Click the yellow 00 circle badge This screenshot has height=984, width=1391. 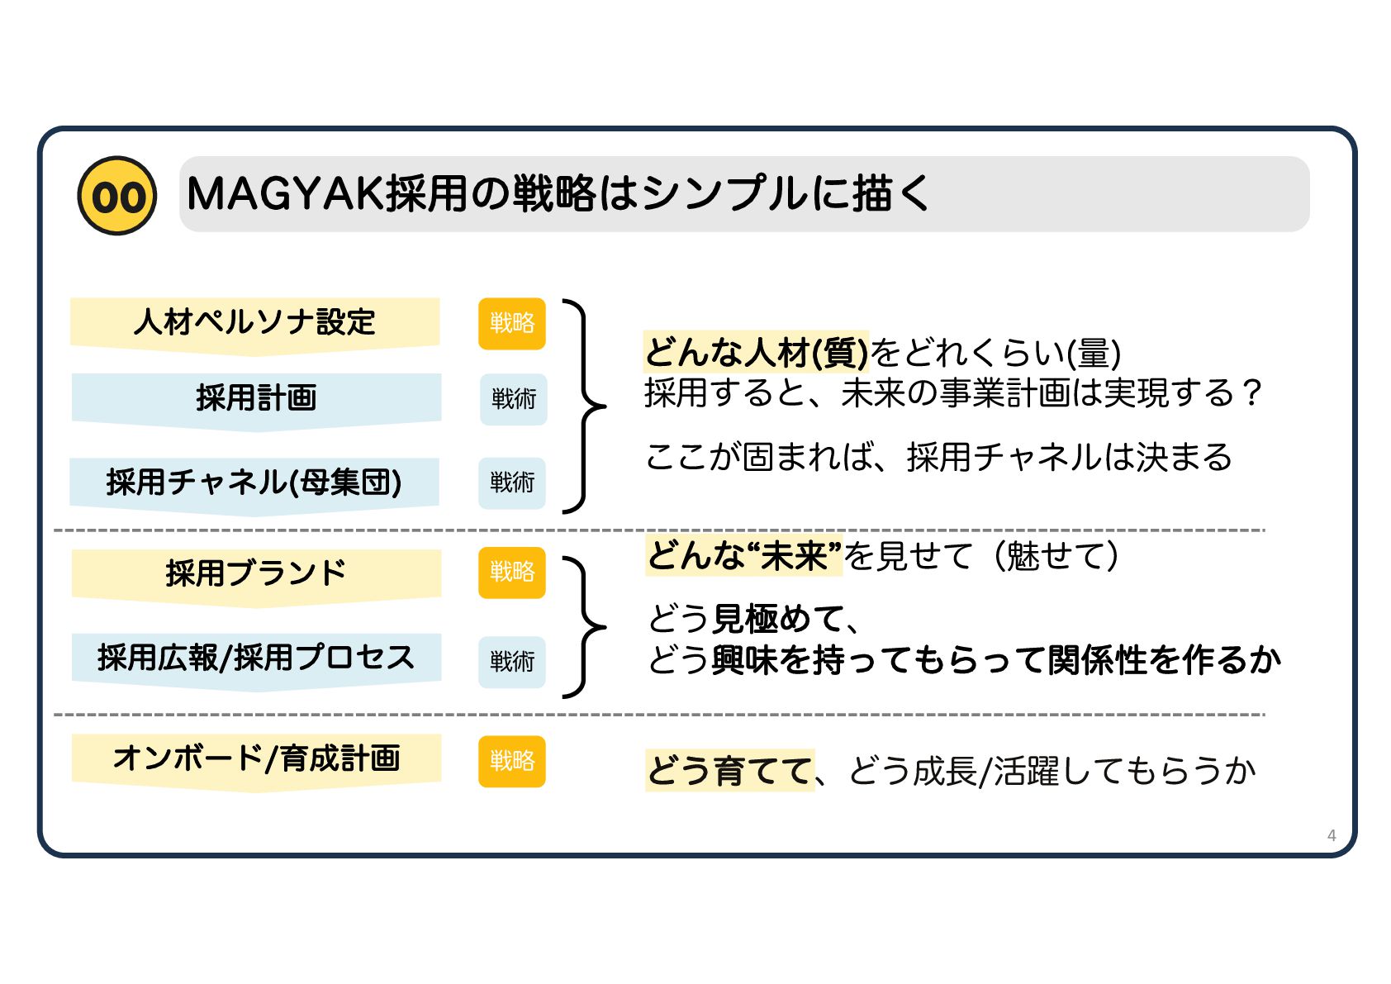[x=117, y=196]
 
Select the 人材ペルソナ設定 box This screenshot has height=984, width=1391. [x=254, y=322]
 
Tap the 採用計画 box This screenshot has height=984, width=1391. [x=256, y=398]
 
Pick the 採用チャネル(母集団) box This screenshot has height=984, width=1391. [x=254, y=482]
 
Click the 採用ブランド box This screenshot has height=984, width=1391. [x=256, y=573]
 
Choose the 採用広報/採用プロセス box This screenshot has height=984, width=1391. [x=256, y=658]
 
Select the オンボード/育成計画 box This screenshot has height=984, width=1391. [x=256, y=758]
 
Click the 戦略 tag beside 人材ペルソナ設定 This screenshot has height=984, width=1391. [x=512, y=323]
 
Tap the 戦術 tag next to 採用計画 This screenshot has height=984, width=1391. [x=513, y=399]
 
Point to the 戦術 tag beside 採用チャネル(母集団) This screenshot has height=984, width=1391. [x=512, y=482]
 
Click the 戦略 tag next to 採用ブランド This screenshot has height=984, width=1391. [x=512, y=572]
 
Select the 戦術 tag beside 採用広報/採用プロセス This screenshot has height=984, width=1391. [x=512, y=661]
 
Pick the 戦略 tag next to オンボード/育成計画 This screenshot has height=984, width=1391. [x=512, y=761]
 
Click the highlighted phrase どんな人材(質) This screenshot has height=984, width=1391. [x=756, y=353]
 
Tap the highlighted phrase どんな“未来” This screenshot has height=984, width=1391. [x=743, y=555]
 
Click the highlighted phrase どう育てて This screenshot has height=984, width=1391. [x=729, y=771]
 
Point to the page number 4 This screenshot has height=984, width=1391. [x=1331, y=835]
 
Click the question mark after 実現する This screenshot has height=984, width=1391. [x=1252, y=392]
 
